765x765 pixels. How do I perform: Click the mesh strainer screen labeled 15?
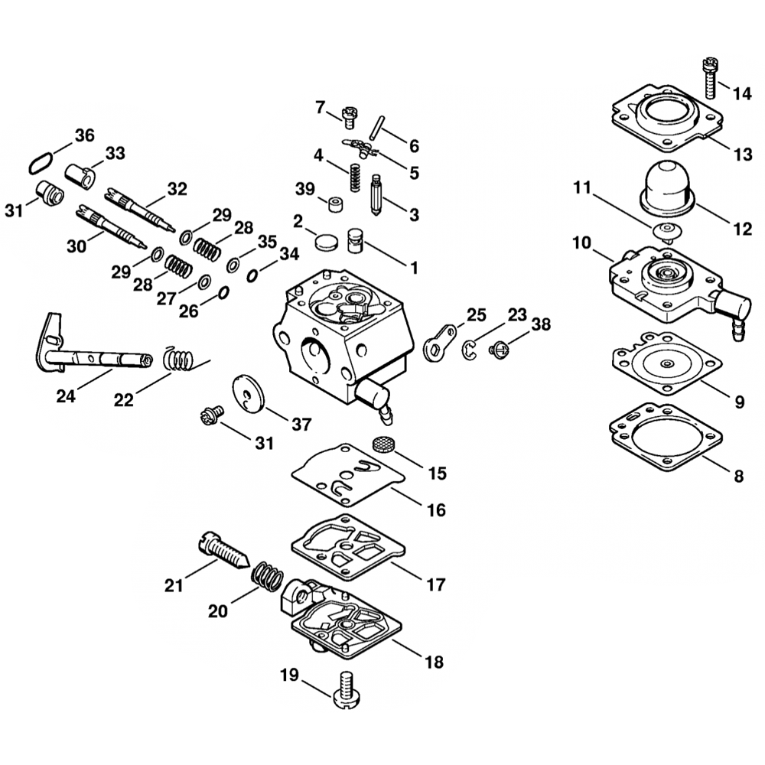pyautogui.click(x=380, y=444)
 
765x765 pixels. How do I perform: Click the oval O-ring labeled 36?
pyautogui.click(x=39, y=162)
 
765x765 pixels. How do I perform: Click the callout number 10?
pyautogui.click(x=582, y=244)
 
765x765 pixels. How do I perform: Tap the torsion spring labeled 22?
pyautogui.click(x=179, y=358)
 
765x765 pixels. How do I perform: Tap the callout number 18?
pyautogui.click(x=434, y=662)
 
